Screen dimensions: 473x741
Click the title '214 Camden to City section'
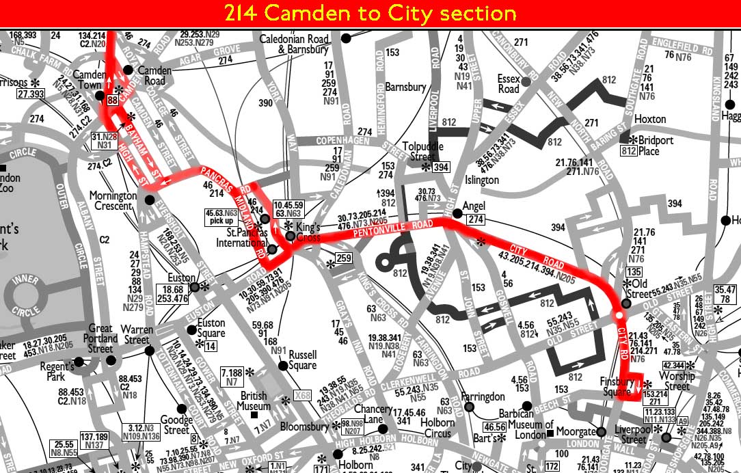click(x=370, y=13)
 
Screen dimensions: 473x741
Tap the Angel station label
click(x=473, y=206)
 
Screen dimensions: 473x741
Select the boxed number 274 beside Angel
click(x=476, y=219)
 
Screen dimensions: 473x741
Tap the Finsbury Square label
click(x=618, y=386)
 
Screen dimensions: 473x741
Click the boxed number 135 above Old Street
click(x=634, y=271)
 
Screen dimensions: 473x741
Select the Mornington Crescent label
click(x=113, y=201)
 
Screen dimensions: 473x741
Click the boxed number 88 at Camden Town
click(x=112, y=101)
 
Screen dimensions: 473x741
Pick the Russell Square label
click(x=303, y=360)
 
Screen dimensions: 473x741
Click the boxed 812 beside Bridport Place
click(x=628, y=151)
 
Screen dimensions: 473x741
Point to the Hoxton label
click(x=649, y=120)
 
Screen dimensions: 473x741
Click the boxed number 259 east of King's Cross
click(x=343, y=258)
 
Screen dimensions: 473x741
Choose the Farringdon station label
click(x=483, y=396)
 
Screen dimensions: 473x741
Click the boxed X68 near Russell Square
click(x=301, y=396)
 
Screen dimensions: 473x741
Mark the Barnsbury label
click(x=405, y=87)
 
